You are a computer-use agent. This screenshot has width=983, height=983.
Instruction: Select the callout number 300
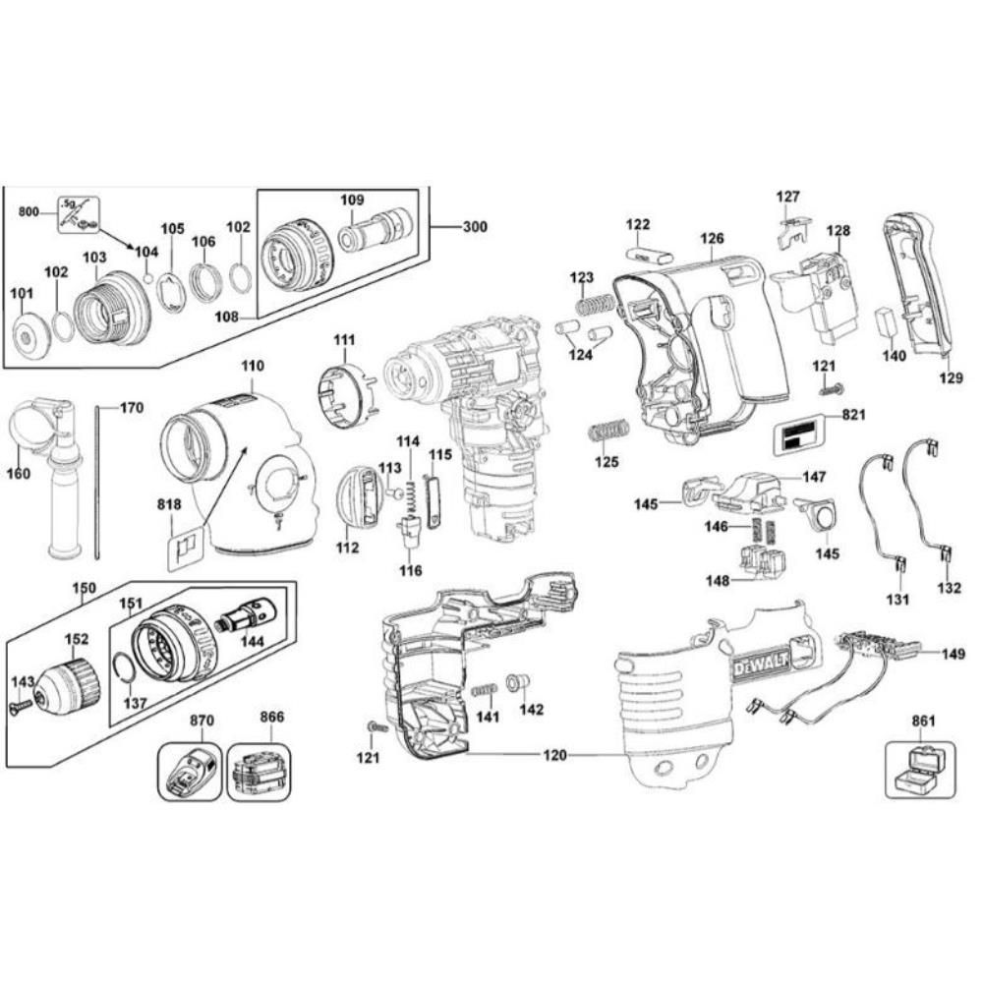(x=474, y=227)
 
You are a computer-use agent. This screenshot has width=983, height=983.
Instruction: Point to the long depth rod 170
(x=99, y=482)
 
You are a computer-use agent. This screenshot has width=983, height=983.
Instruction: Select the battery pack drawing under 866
(x=259, y=773)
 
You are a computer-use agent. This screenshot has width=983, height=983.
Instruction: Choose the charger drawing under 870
(x=191, y=773)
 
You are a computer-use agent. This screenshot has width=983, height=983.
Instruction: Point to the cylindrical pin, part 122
(x=650, y=253)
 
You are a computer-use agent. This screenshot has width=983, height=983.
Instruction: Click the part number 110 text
(x=253, y=366)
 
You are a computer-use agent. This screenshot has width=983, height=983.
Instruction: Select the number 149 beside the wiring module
(x=953, y=653)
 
